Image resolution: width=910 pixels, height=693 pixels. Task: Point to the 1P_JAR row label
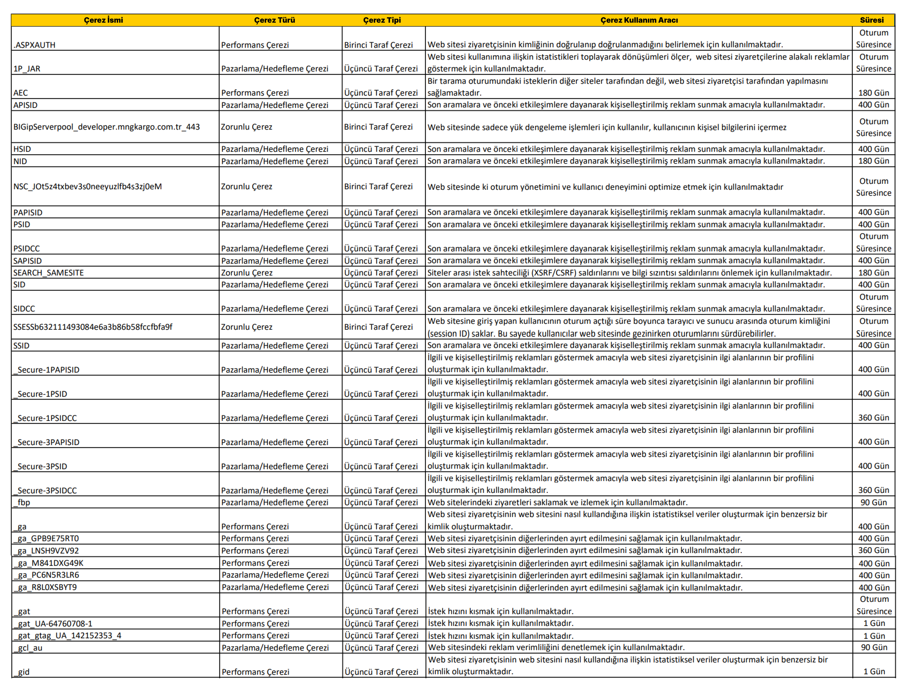point(27,69)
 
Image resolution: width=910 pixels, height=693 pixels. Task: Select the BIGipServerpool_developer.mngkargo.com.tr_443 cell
point(107,127)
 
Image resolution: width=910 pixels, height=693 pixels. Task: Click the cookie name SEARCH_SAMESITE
point(48,273)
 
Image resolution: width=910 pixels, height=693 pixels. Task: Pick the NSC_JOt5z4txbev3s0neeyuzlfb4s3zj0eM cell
point(88,187)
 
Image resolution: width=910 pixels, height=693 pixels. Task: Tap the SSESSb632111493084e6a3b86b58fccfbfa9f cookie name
point(93,327)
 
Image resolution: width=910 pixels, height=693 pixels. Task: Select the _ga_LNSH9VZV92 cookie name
point(46,551)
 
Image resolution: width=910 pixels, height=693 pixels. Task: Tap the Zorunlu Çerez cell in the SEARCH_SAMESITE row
point(246,273)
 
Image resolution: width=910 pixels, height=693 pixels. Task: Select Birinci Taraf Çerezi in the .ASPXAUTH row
point(378,45)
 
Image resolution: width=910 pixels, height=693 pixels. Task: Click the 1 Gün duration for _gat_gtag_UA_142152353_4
point(874,636)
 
